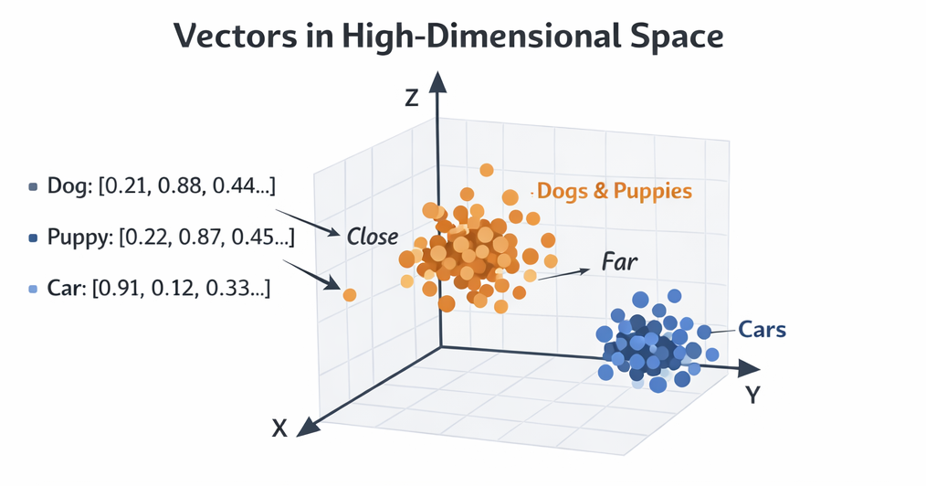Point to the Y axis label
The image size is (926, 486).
tap(753, 395)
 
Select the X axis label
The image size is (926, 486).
tap(279, 427)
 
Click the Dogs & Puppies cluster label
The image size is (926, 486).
tap(615, 191)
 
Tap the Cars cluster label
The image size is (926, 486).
tap(762, 329)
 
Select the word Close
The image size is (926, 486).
tap(373, 238)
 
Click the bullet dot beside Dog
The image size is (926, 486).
tap(34, 187)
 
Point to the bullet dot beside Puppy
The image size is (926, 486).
tap(34, 238)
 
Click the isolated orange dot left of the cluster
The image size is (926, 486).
tap(349, 294)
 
